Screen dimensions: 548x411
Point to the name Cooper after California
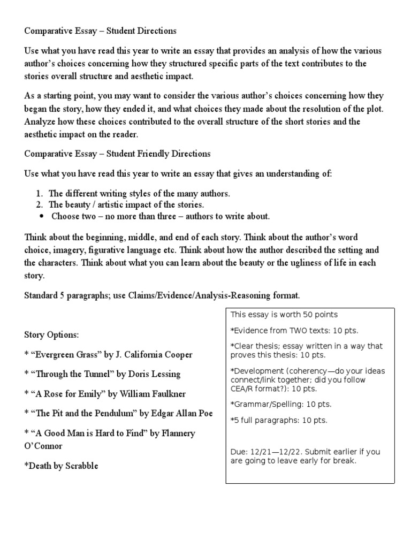[178, 354]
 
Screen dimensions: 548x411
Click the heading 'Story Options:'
[51, 335]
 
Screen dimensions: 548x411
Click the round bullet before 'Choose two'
[42, 217]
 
